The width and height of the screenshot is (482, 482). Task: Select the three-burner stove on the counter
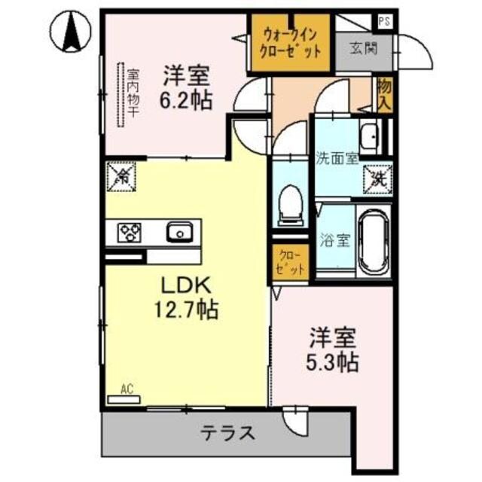coord(130,232)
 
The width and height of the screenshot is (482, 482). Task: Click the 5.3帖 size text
coord(331,361)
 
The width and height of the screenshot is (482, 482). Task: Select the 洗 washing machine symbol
coord(380,179)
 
